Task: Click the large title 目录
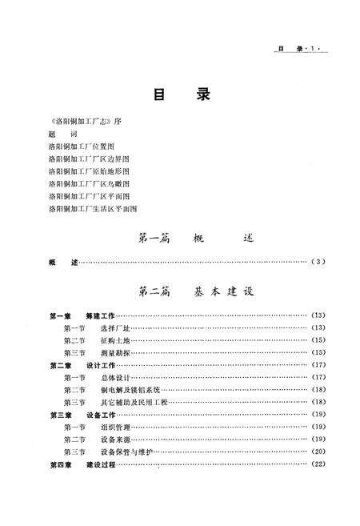pos(181,94)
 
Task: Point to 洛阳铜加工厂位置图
pos(82,147)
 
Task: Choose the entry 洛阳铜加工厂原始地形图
pos(88,171)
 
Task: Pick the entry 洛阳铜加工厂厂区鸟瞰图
pos(88,183)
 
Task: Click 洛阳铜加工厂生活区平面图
pos(93,208)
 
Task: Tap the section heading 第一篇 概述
pos(190,238)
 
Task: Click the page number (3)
pos(319,262)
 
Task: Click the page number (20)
pos(318,452)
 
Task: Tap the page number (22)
pos(318,464)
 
